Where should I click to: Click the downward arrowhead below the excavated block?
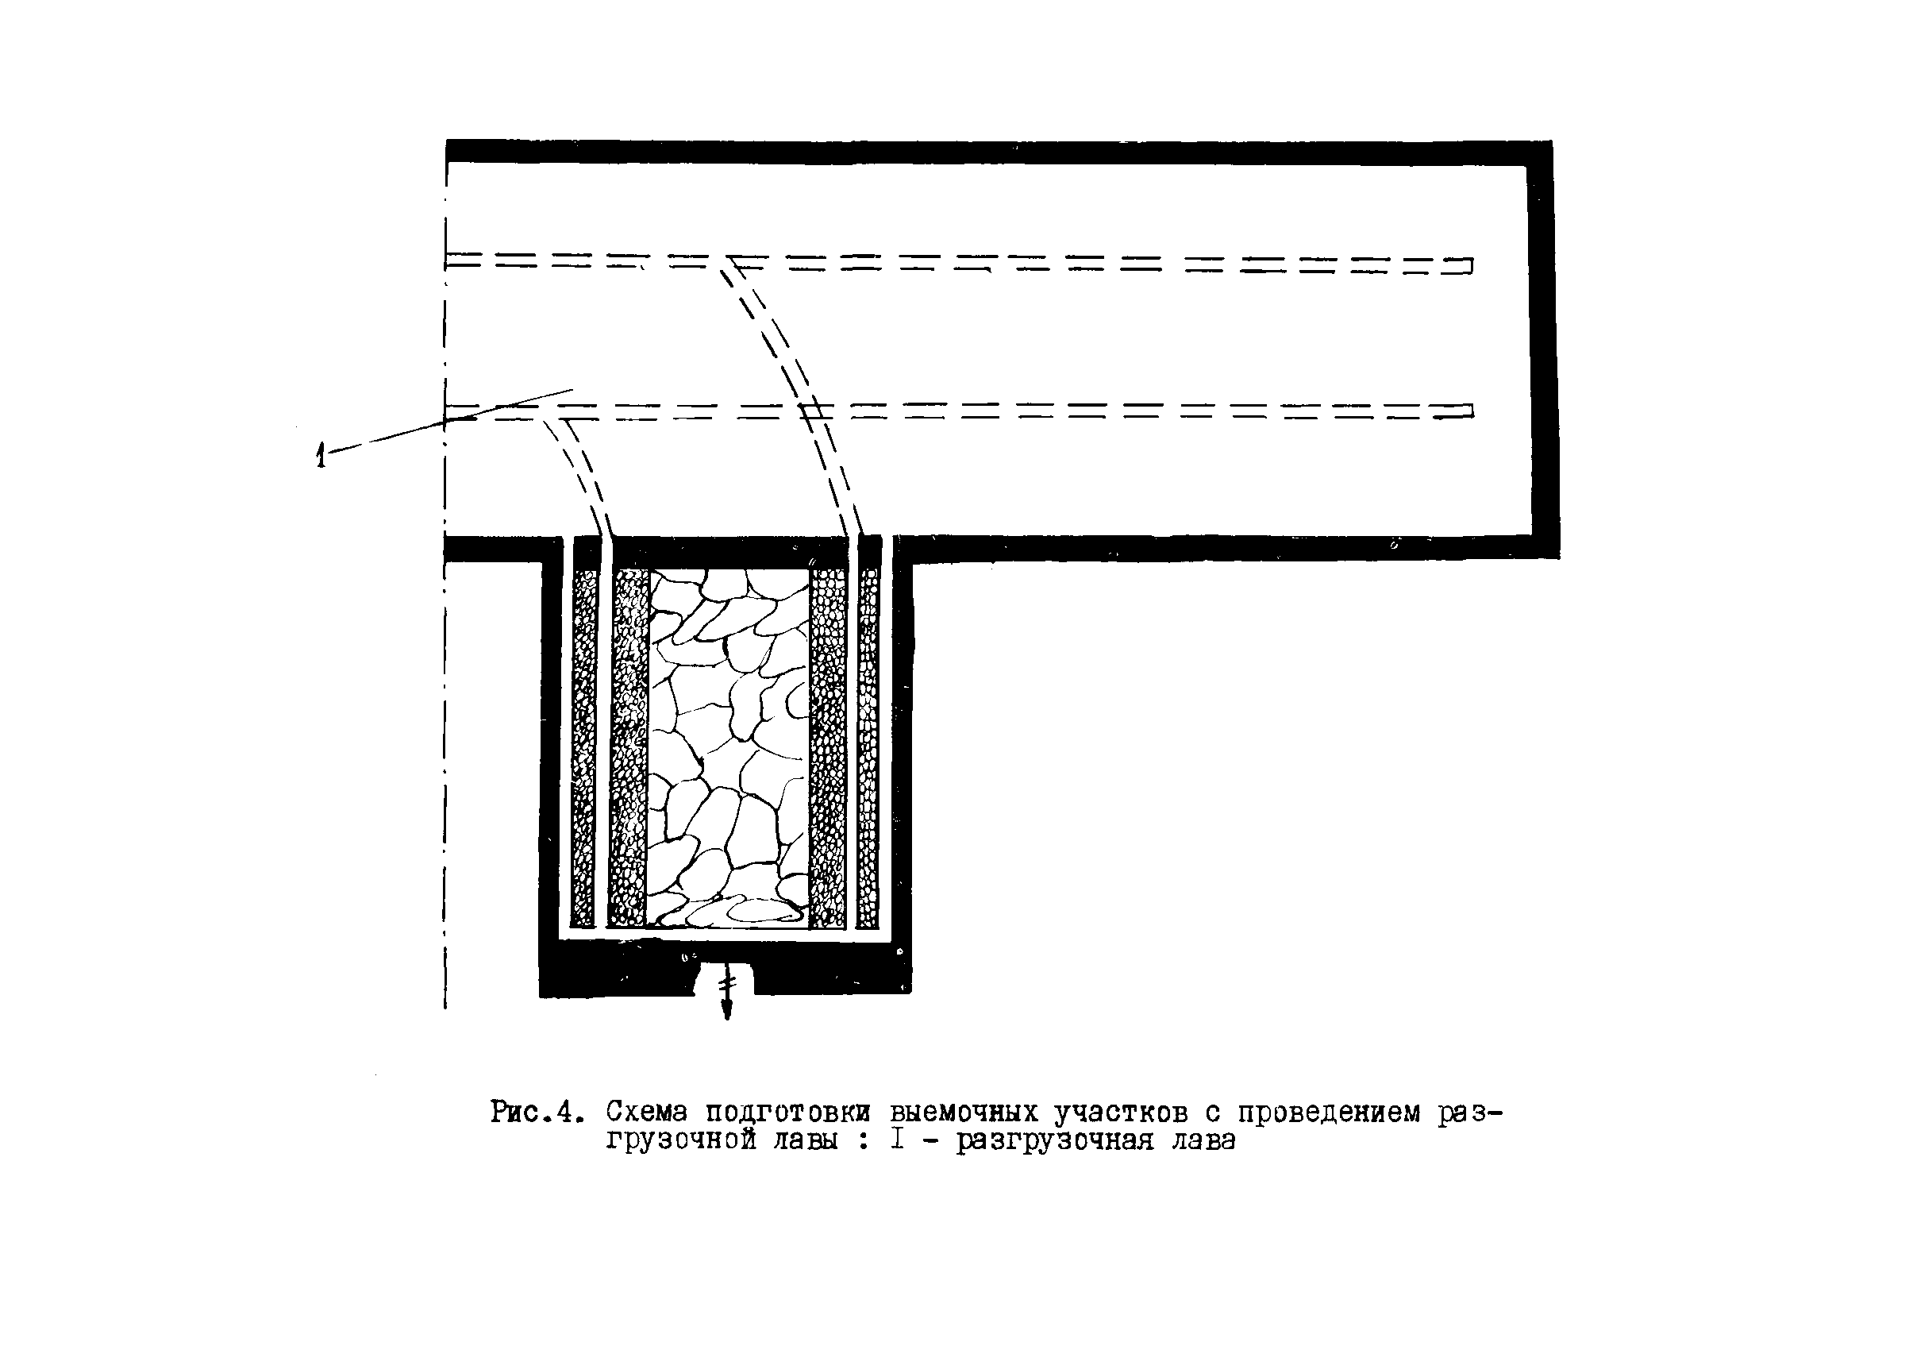point(726,1012)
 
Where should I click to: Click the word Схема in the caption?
point(647,1113)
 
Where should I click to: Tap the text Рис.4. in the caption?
point(533,1113)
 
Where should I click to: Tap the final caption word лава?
point(1203,1140)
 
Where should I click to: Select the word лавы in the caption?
point(805,1140)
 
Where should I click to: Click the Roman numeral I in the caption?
point(896,1140)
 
